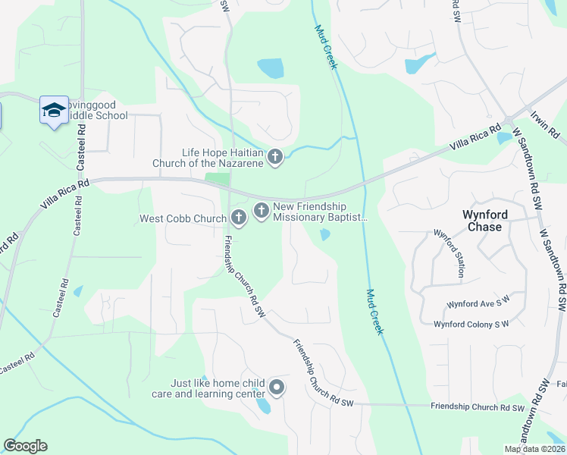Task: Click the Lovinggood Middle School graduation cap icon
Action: click(54, 111)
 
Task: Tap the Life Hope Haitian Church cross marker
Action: click(274, 157)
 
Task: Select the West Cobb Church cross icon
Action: click(238, 218)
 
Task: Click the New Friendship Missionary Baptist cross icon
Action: click(262, 211)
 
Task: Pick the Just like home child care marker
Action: click(277, 388)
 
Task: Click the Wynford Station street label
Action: click(450, 256)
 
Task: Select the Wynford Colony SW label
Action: click(471, 325)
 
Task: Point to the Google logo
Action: click(25, 446)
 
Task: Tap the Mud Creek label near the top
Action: click(325, 46)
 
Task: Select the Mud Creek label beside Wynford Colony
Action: click(375, 312)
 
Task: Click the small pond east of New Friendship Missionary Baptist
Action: click(324, 235)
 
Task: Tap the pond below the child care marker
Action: click(263, 406)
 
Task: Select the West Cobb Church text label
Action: click(183, 219)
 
